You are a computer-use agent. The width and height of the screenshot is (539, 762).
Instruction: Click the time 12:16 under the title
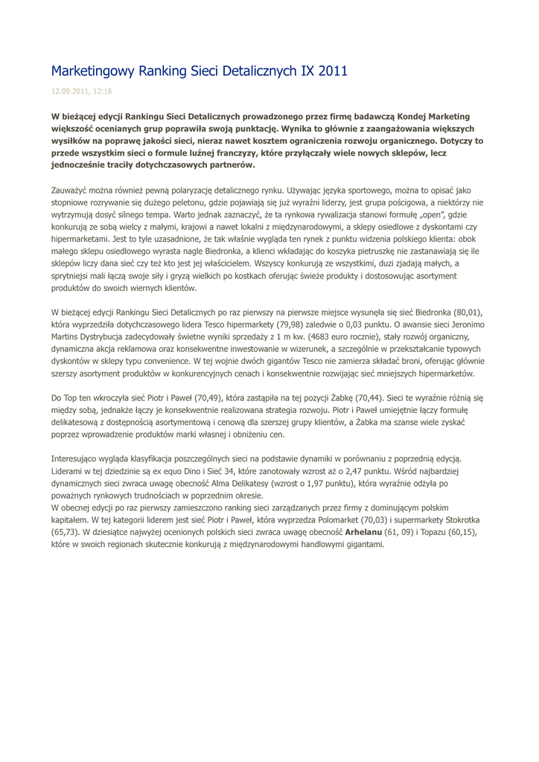pos(103,91)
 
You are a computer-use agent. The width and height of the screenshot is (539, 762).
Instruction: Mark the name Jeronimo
pos(464,324)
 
